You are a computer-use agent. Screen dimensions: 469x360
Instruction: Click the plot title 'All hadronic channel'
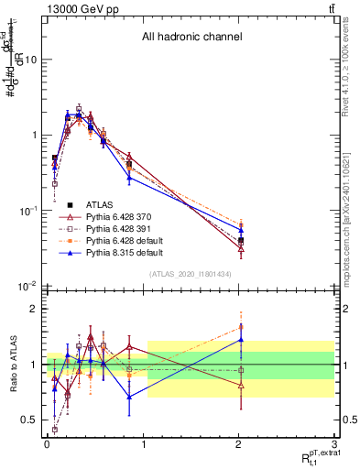[x=191, y=38]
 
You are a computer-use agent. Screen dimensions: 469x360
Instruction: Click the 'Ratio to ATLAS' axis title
[x=12, y=365]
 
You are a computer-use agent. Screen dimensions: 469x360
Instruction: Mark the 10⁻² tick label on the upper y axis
[x=28, y=287]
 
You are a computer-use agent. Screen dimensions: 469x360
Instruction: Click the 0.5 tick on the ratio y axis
[x=29, y=420]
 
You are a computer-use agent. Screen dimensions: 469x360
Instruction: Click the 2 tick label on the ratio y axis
[x=35, y=309]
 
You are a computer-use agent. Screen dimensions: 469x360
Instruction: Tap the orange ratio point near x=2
[x=241, y=326]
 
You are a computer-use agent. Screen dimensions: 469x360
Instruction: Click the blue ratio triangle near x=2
[x=241, y=339]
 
